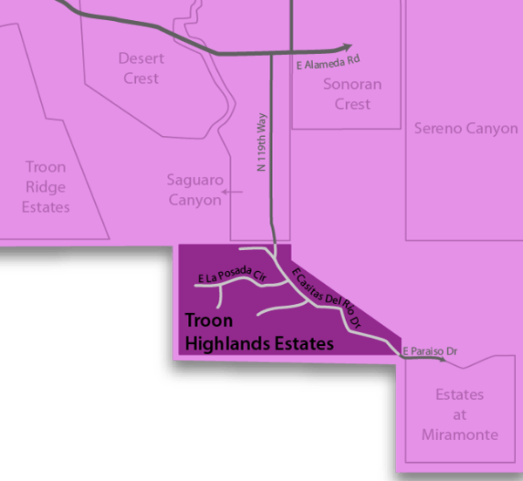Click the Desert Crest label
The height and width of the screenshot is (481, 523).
pos(140,69)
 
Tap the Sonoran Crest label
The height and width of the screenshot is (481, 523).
pos(347,94)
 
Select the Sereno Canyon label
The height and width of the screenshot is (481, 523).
pos(465,128)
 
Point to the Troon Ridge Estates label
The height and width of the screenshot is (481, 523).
pos(46,186)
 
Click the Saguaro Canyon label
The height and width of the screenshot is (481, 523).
pos(194,190)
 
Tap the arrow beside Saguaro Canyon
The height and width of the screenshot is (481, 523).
pos(232,192)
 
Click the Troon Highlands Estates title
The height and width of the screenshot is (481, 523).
pos(259,332)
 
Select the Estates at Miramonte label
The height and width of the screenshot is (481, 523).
pos(467,415)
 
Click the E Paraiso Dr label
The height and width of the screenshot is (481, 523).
pos(431,350)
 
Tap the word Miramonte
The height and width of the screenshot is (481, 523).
pos(467,434)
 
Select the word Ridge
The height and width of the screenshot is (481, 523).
pos(46,186)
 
